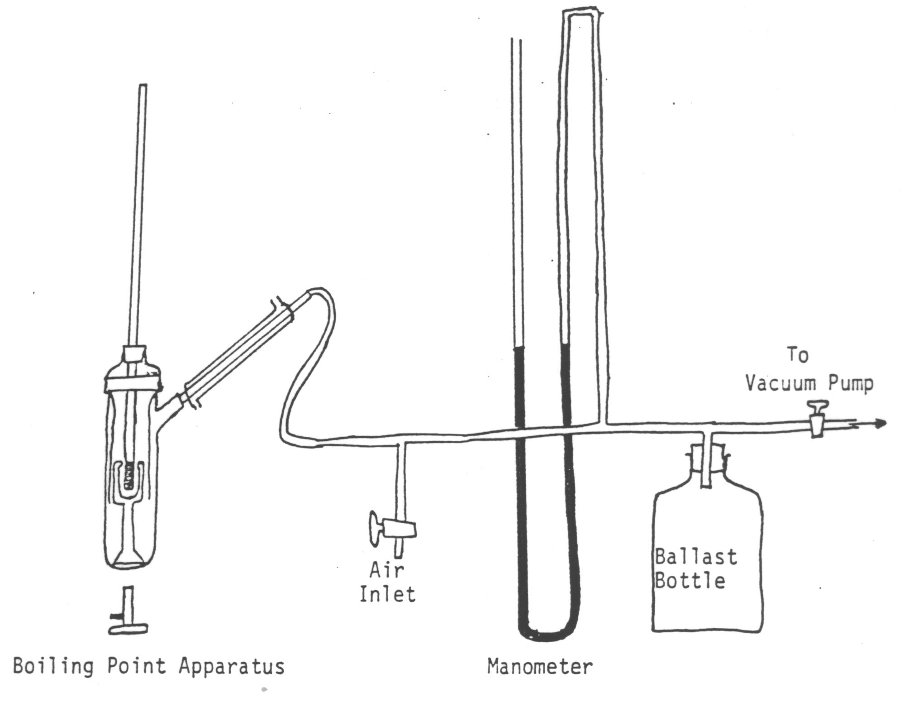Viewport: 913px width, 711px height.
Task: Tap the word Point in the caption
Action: (x=136, y=666)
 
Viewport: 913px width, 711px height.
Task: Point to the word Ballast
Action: (x=696, y=557)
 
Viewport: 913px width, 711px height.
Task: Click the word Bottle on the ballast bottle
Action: (x=690, y=580)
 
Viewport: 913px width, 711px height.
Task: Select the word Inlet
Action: (x=387, y=594)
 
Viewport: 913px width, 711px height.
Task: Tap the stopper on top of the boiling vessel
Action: (x=134, y=353)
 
